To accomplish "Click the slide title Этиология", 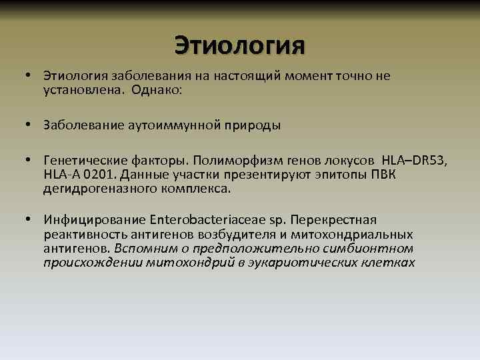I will [x=239, y=45].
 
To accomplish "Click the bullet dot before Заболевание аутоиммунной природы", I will [x=30, y=125].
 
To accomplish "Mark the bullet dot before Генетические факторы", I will [x=30, y=161].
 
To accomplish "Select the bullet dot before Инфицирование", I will [x=30, y=220].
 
